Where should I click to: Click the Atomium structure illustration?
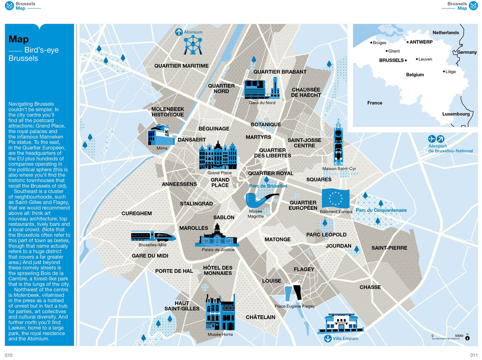192,46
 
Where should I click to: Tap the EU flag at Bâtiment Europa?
336,198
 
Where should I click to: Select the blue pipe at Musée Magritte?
257,200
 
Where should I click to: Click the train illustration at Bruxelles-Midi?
153,236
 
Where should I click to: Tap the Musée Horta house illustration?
220,313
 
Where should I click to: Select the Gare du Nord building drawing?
261,89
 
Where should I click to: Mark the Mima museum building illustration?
161,135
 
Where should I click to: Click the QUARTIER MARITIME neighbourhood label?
181,66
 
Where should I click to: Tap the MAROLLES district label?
193,228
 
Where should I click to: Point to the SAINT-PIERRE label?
389,248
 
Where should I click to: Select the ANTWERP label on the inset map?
421,42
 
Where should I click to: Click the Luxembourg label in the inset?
456,114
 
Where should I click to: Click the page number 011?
474,355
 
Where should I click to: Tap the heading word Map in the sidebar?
19,40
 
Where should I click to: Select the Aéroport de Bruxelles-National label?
450,149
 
